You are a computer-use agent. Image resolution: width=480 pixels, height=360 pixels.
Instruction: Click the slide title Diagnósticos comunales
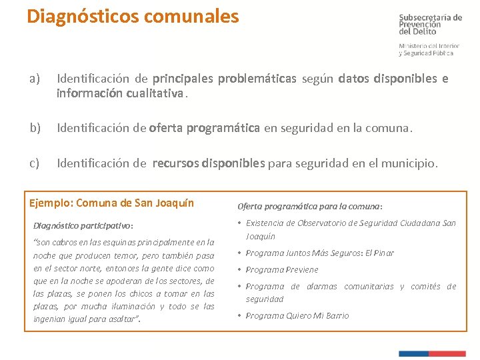click(x=132, y=16)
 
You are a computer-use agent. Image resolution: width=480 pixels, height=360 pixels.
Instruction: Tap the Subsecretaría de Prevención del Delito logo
click(x=430, y=34)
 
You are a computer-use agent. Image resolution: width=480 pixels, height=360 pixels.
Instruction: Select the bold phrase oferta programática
click(x=205, y=127)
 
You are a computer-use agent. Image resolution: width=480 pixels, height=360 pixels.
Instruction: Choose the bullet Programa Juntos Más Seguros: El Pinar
click(x=319, y=253)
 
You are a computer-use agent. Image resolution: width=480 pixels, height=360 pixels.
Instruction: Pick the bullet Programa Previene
click(x=282, y=269)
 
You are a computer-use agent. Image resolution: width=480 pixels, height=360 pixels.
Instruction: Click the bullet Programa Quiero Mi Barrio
click(x=297, y=315)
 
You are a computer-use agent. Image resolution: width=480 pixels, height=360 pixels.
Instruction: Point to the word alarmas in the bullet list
click(x=322, y=286)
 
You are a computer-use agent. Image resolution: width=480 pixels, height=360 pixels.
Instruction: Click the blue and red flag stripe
click(x=432, y=353)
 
